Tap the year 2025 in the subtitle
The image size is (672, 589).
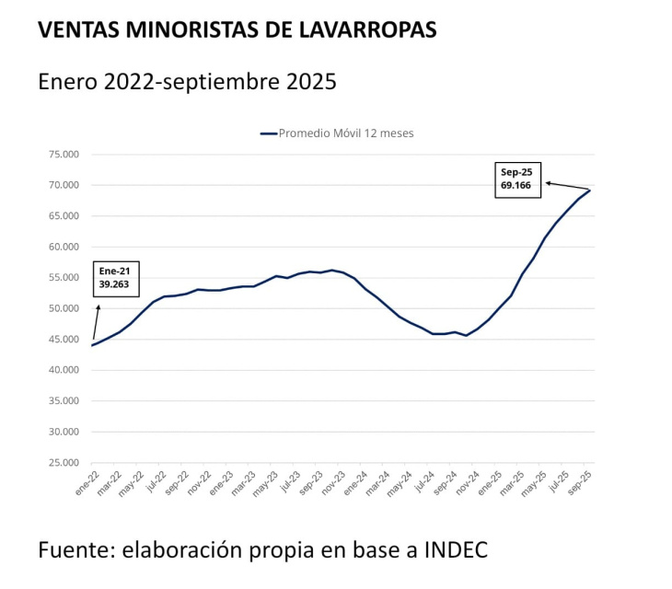(x=307, y=82)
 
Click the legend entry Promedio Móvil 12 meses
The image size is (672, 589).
(x=337, y=133)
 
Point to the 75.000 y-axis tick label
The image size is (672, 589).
(x=64, y=155)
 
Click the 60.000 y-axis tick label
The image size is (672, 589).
(x=64, y=247)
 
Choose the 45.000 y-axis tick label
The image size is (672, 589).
(x=64, y=340)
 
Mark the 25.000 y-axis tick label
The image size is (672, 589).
(x=64, y=463)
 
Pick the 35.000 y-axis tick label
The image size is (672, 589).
(x=64, y=401)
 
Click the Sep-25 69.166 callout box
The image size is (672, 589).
(x=518, y=179)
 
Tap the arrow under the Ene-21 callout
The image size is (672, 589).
(x=95, y=318)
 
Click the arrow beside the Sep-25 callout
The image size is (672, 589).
(x=566, y=186)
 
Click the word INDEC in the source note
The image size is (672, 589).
(x=455, y=550)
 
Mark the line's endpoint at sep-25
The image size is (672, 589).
(x=590, y=191)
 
